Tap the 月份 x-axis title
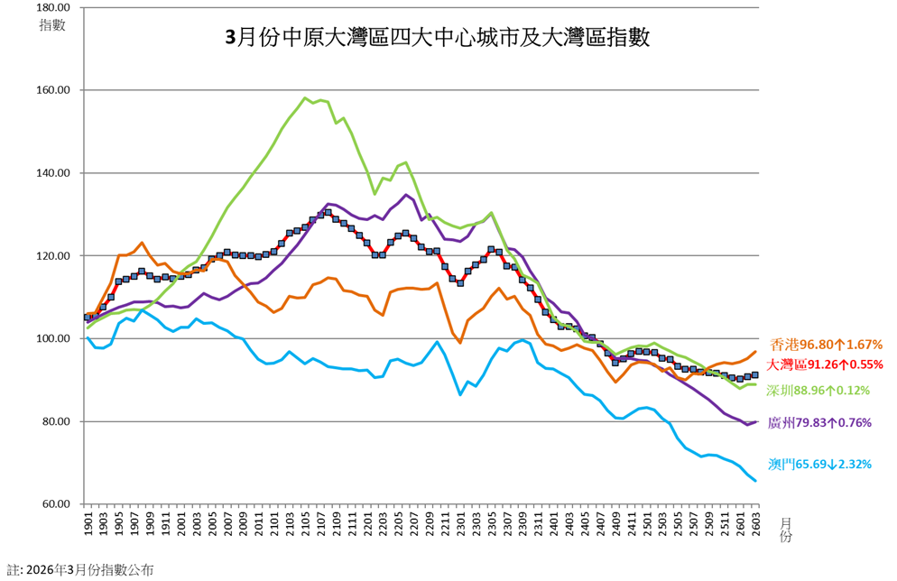(784, 530)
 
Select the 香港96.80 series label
(825, 345)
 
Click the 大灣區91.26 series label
(824, 364)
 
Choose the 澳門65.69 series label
(820, 464)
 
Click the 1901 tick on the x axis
(88, 524)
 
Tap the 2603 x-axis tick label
(755, 524)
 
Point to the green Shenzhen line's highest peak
(305, 97)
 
